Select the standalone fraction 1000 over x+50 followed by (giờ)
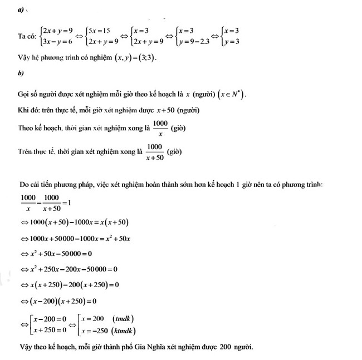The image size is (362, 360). (x=154, y=151)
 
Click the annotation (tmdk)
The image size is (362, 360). (x=123, y=319)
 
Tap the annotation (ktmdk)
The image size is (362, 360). (x=126, y=331)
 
